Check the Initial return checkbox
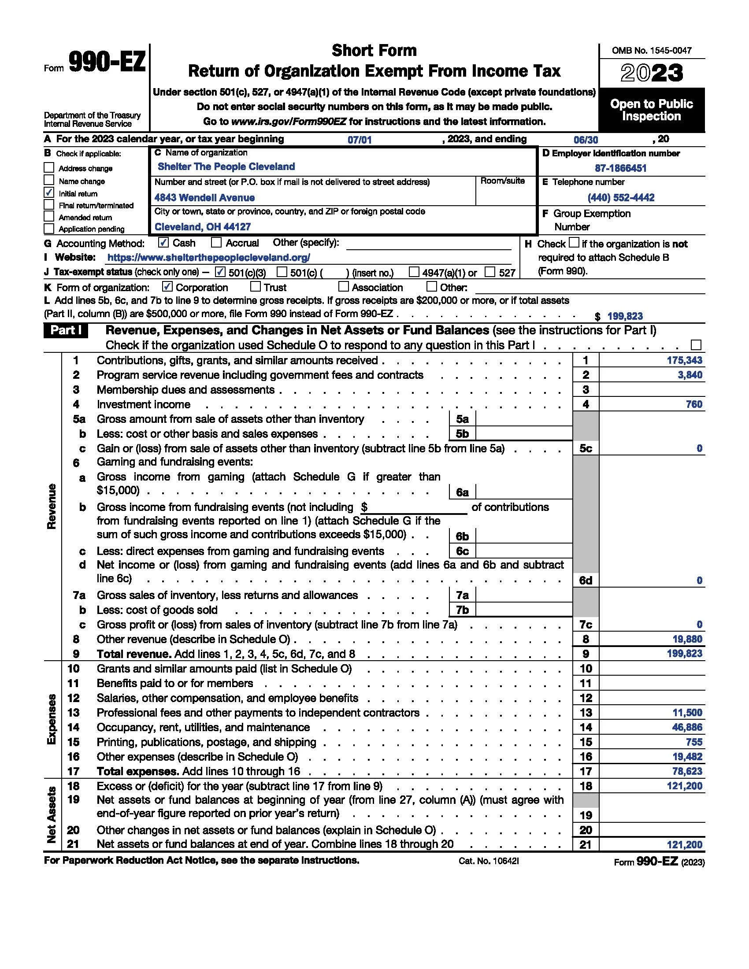[x=49, y=192]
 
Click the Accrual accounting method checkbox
[x=216, y=242]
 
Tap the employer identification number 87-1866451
[x=620, y=168]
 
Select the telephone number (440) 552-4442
[x=621, y=197]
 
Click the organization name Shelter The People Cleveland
[x=226, y=167]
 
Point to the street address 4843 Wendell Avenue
[x=204, y=197]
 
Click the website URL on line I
[x=208, y=257]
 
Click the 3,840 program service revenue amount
[x=690, y=375]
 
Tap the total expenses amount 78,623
[x=687, y=771]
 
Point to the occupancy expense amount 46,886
[x=687, y=727]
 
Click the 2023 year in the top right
[x=651, y=74]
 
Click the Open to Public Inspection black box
[x=651, y=110]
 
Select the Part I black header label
[x=66, y=331]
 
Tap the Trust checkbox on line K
[x=255, y=287]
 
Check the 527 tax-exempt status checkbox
[x=490, y=272]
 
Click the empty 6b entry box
[x=523, y=536]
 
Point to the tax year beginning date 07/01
[x=360, y=140]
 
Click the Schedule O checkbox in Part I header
[x=696, y=345]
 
